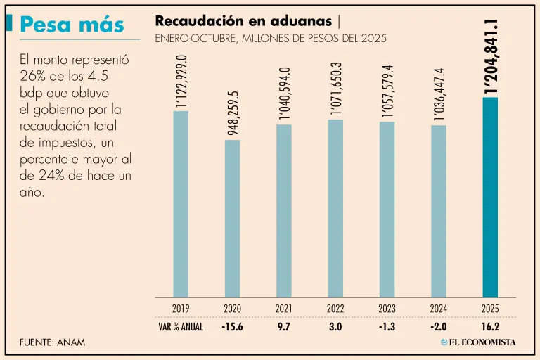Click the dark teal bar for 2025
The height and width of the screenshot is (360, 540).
[490, 197]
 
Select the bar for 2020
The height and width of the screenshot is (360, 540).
[232, 218]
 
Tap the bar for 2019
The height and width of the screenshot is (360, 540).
[181, 204]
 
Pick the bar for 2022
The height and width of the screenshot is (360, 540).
[335, 208]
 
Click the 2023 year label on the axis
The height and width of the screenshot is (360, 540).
[387, 309]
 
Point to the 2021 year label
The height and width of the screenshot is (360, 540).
[284, 309]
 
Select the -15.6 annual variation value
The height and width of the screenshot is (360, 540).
[232, 327]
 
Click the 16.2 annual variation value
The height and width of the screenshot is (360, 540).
[490, 327]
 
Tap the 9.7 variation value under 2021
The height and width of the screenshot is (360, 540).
[284, 327]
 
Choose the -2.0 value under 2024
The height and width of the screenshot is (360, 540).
[439, 327]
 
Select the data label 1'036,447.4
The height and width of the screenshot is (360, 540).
[439, 94]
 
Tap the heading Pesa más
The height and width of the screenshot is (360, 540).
[72, 25]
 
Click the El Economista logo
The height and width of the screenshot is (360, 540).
[478, 342]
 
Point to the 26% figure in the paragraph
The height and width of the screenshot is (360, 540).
[33, 77]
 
